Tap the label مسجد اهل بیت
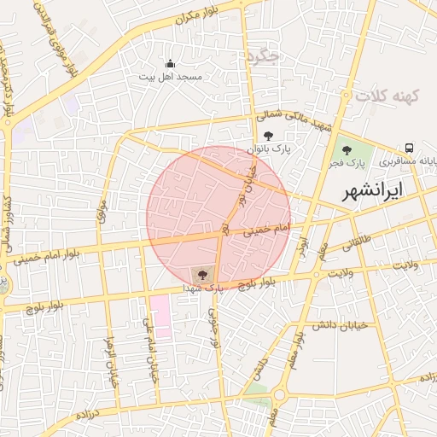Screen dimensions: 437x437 point(172,77)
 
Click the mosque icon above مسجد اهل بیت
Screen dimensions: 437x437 point(170,64)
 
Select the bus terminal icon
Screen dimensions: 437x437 point(411,148)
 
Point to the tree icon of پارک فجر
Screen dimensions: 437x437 point(346,150)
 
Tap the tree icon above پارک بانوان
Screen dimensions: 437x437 point(269,136)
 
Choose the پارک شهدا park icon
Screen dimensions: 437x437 point(202,275)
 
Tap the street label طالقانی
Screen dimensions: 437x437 point(358,243)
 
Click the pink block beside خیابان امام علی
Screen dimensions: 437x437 point(160,317)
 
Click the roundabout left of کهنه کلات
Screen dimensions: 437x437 point(347,95)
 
